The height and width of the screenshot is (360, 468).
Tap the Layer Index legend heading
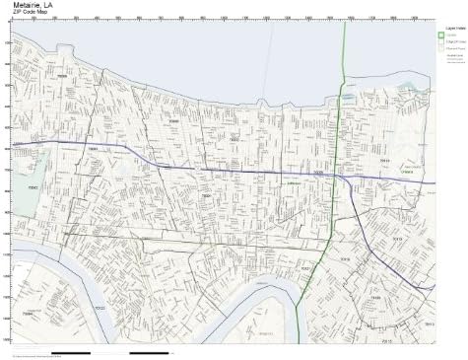pyautogui.click(x=451, y=29)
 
